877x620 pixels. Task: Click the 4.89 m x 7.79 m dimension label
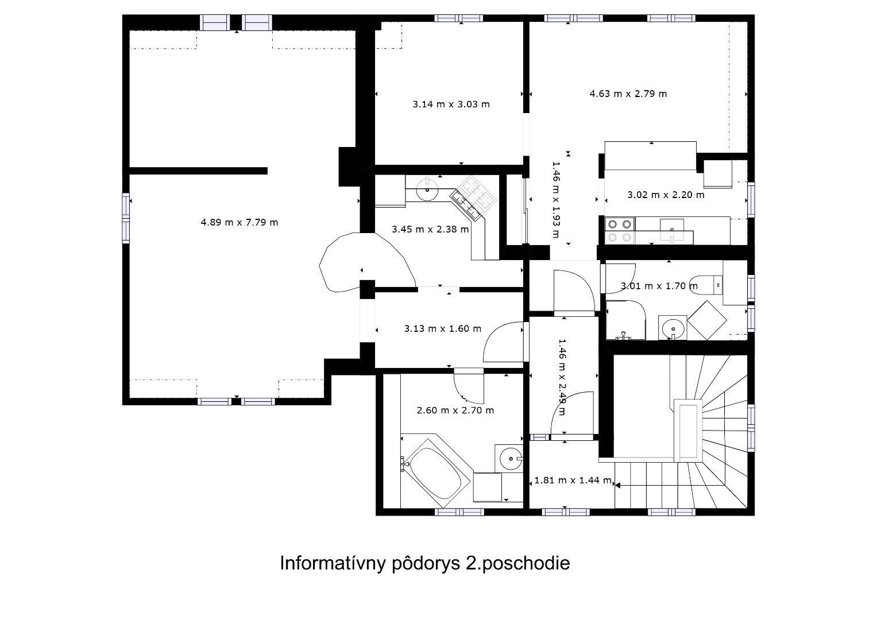(x=239, y=222)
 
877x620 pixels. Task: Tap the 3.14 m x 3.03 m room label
(x=451, y=104)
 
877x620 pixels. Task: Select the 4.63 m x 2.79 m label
(x=628, y=94)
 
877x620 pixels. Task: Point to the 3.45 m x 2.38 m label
(x=430, y=229)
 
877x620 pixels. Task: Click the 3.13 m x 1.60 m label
(x=442, y=328)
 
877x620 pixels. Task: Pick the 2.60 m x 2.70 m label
(x=455, y=410)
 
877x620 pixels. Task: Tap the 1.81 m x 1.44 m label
(x=573, y=480)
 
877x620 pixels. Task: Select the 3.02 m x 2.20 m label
(x=666, y=195)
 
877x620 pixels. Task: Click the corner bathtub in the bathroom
(x=435, y=473)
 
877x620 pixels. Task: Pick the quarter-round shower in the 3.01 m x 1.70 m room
(x=625, y=320)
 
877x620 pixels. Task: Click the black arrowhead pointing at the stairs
(x=617, y=485)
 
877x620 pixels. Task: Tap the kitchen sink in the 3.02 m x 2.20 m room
(x=672, y=230)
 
